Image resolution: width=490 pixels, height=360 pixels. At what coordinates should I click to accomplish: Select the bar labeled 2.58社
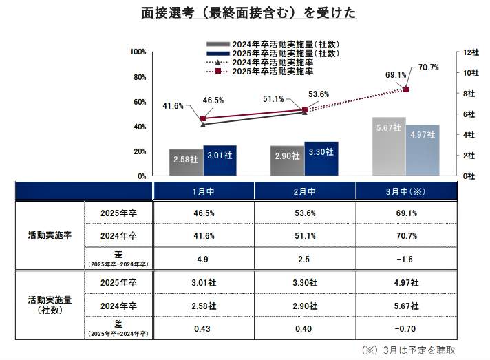point(186,161)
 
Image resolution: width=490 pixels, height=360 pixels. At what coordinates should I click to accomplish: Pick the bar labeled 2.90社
point(287,160)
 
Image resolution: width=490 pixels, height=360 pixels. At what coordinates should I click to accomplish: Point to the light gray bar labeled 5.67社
point(389,146)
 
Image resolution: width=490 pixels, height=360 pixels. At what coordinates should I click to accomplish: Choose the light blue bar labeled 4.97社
point(423,149)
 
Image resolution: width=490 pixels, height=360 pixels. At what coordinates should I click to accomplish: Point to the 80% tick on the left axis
point(138,77)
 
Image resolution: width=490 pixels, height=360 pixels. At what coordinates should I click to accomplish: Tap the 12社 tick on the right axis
point(471,52)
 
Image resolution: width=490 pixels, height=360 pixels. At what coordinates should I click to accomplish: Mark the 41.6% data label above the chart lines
point(173,106)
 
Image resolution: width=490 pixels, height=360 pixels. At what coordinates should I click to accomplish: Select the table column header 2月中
point(305,191)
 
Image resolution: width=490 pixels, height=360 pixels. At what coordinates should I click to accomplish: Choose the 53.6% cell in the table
point(305,213)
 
